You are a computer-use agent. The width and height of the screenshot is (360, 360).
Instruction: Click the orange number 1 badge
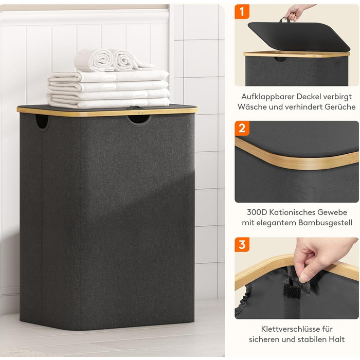tap(242, 11)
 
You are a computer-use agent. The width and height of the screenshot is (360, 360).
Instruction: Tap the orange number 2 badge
tap(242, 128)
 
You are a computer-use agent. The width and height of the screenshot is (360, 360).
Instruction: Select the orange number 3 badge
tap(242, 244)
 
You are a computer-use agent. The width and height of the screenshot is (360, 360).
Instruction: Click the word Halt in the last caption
tap(336, 339)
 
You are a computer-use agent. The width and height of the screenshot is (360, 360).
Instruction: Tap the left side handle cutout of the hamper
tap(42, 121)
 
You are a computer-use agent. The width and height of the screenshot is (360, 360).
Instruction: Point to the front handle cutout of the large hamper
tap(138, 120)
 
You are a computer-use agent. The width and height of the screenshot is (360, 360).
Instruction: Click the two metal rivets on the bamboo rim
tap(140, 112)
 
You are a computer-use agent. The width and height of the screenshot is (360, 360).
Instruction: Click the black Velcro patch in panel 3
tap(292, 291)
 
